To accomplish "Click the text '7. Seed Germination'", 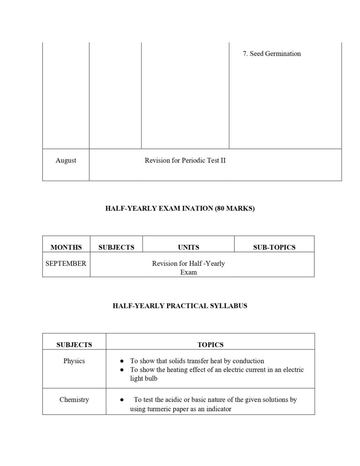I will click(x=272, y=54).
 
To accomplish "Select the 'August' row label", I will click(x=66, y=160).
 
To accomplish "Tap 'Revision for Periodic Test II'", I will click(x=185, y=160).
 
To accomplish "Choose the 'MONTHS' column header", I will click(x=66, y=247).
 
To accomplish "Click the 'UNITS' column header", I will click(x=188, y=247).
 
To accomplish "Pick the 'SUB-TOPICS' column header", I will click(x=274, y=247).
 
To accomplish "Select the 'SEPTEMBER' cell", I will click(x=66, y=263).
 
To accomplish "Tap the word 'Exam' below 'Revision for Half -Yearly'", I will click(x=188, y=272).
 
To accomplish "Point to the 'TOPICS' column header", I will click(x=210, y=344).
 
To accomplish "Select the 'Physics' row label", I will click(x=74, y=361).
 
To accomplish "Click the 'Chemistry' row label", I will click(x=74, y=400).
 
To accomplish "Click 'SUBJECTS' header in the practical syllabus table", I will click(x=74, y=344).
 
